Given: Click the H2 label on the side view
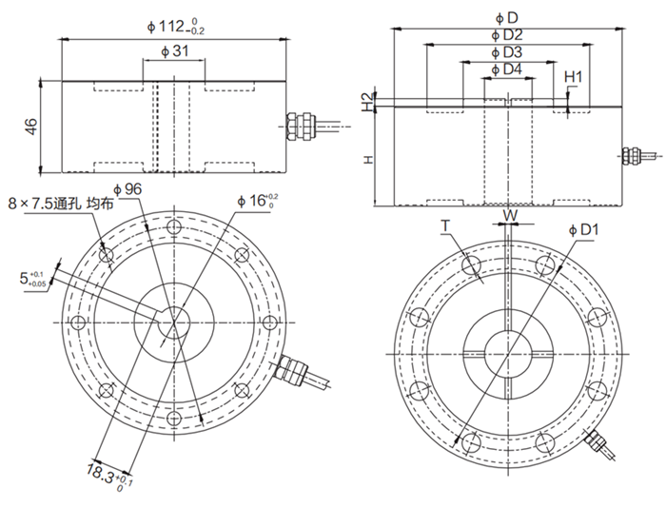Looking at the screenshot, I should [369, 101].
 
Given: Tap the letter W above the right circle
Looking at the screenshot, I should [510, 216].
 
